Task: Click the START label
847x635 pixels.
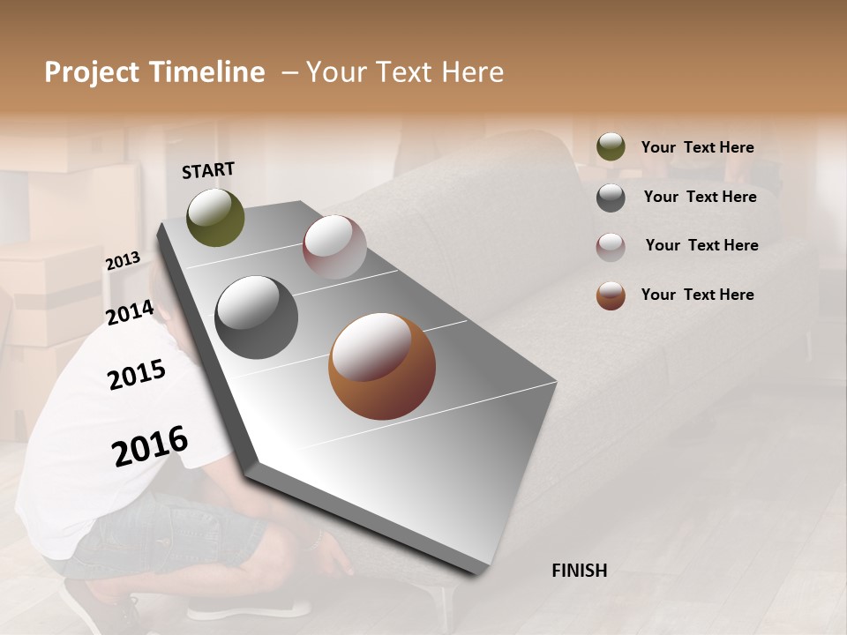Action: pos(208,170)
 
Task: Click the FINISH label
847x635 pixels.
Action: pos(579,571)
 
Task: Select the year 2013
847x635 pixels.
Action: pos(123,261)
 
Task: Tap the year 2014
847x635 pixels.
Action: pos(130,313)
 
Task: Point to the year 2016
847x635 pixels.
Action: pos(150,446)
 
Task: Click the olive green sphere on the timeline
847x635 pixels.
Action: pos(215,217)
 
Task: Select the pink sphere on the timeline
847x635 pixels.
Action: pos(334,246)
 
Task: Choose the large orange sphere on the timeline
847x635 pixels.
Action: pos(382,366)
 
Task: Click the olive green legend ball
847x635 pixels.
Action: pos(611,147)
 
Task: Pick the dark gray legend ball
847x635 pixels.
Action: pos(611,197)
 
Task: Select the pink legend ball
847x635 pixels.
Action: pos(611,246)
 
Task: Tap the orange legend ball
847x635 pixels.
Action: pos(611,295)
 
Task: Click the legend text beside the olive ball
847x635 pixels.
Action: pos(697,148)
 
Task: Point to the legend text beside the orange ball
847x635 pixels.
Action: pos(697,295)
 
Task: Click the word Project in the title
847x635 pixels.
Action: pos(92,72)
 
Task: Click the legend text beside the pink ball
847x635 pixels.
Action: pos(701,245)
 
